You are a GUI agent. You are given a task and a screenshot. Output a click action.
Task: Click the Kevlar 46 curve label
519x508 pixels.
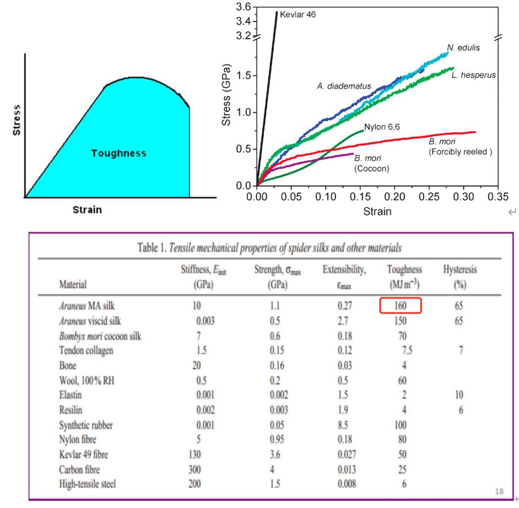click(x=298, y=14)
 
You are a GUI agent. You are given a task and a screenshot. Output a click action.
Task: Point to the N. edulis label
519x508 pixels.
click(x=463, y=48)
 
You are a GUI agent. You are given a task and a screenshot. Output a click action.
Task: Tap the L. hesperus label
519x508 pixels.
click(x=473, y=75)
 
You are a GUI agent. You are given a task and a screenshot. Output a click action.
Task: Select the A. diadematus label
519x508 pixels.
click(x=344, y=86)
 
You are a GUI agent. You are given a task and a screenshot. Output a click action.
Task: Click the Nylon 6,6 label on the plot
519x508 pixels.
click(x=382, y=127)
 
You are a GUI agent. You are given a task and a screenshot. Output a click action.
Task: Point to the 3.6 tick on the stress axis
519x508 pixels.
click(x=243, y=7)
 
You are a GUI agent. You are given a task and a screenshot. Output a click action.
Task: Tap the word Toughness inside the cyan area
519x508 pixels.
click(x=119, y=153)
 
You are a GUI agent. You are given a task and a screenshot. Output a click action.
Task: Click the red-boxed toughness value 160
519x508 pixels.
click(x=400, y=305)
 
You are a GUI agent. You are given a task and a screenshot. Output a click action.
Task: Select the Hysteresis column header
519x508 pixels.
click(x=460, y=270)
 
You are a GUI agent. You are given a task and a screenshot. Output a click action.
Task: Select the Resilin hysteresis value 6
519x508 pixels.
click(x=460, y=410)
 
